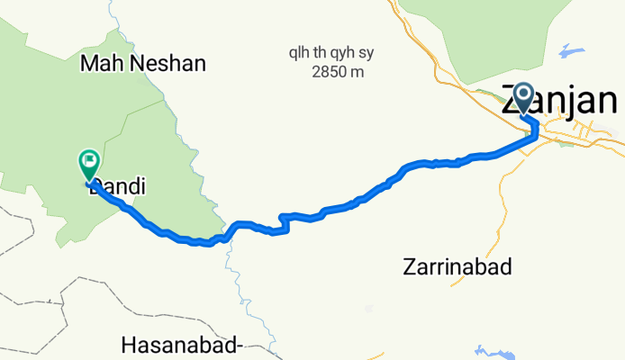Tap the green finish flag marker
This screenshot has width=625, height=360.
pyautogui.click(x=89, y=164)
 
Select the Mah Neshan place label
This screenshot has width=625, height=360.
pyautogui.click(x=143, y=63)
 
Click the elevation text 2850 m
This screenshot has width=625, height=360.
pyautogui.click(x=338, y=71)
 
